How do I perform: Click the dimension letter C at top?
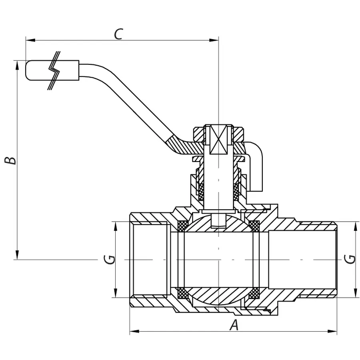(118, 34)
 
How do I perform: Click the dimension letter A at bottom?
(234, 326)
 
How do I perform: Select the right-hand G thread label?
(350, 259)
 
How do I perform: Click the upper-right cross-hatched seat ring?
(254, 226)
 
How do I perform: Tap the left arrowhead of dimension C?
(29, 40)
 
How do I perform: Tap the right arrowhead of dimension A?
(334, 331)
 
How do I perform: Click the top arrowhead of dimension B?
(18, 64)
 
